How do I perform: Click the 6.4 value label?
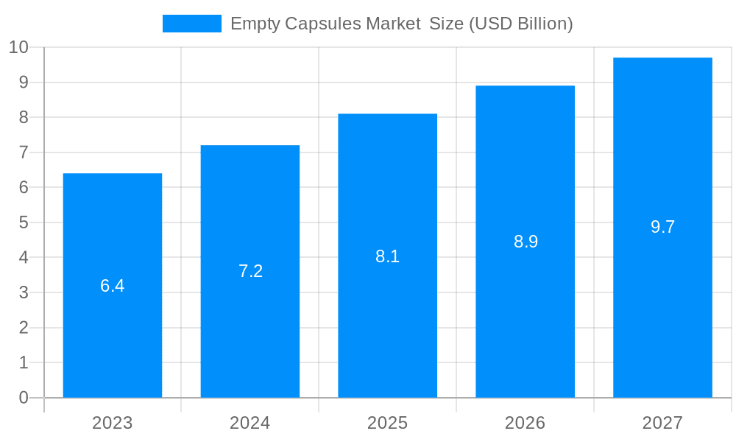pos(113,286)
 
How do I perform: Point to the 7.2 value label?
pos(250,271)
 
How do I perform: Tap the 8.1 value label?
pos(388,256)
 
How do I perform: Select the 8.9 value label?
pos(526,242)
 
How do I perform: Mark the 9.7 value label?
pos(662,227)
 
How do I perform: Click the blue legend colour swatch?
pos(191,24)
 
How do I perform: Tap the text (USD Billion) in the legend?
pos(520,24)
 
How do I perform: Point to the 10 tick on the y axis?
pos(18,48)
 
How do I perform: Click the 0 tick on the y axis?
pos(24,398)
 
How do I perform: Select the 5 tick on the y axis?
pos(24,222)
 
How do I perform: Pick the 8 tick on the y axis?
pos(24,118)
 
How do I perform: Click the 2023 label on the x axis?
pos(113,423)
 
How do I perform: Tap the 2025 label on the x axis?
pos(388,423)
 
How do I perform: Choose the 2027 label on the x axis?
pos(662,423)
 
